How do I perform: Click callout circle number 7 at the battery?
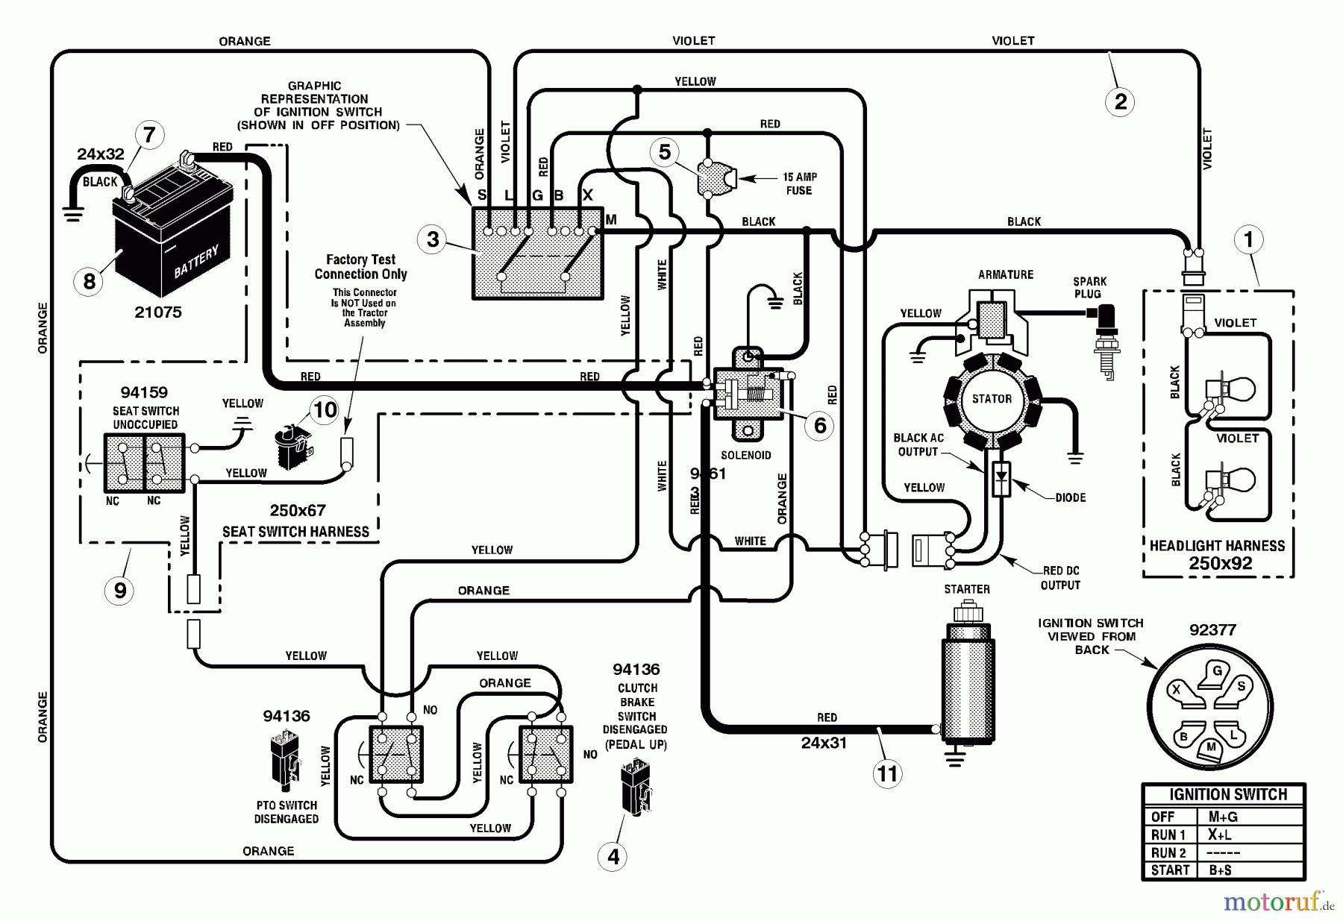pos(148,135)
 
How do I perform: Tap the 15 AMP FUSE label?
pos(799,183)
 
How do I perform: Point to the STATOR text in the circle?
pos(992,399)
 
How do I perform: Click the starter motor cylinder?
pos(967,682)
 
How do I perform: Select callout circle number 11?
pos(886,773)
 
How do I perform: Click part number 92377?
pos(1212,630)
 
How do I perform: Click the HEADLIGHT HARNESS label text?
pos(1217,546)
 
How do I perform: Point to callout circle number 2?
pos(1120,101)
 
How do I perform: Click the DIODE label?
pos(1070,497)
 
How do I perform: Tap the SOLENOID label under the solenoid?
pos(745,455)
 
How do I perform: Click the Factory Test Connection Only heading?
pos(360,266)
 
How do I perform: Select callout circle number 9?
pos(120,591)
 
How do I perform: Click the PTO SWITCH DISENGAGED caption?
pos(287,812)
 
